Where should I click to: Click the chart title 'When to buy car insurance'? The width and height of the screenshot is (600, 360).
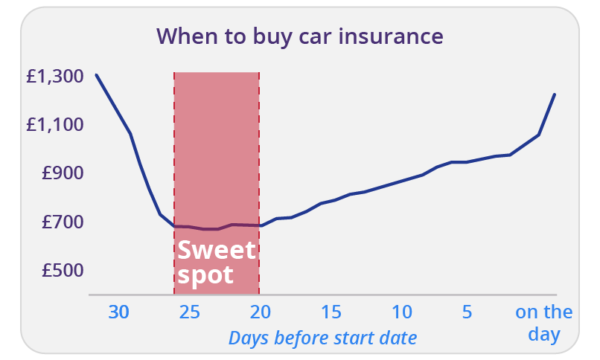pyautogui.click(x=299, y=36)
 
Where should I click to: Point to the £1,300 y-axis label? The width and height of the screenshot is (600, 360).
pyautogui.click(x=55, y=76)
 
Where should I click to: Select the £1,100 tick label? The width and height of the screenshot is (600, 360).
pyautogui.click(x=55, y=124)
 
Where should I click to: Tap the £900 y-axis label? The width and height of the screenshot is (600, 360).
pyautogui.click(x=63, y=173)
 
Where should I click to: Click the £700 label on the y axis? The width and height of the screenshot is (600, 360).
pyautogui.click(x=63, y=222)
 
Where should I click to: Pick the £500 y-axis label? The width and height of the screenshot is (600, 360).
pyautogui.click(x=63, y=270)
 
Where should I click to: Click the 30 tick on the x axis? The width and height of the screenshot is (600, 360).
pyautogui.click(x=118, y=312)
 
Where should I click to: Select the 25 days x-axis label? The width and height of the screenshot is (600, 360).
pyautogui.click(x=189, y=312)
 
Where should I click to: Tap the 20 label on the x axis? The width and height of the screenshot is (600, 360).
pyautogui.click(x=261, y=312)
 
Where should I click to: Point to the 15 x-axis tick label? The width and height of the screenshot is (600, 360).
pyautogui.click(x=331, y=312)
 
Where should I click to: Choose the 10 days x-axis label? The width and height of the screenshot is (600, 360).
pyautogui.click(x=402, y=312)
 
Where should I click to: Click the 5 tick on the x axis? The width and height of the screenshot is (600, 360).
pyautogui.click(x=467, y=312)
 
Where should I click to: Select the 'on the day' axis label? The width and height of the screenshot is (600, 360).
pyautogui.click(x=543, y=324)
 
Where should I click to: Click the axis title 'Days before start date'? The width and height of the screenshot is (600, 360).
pyautogui.click(x=322, y=338)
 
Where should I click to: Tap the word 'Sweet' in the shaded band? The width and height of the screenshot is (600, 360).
pyautogui.click(x=217, y=251)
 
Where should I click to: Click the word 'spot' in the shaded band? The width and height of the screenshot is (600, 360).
pyautogui.click(x=205, y=275)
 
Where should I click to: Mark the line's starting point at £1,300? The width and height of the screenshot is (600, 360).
pyautogui.click(x=96, y=75)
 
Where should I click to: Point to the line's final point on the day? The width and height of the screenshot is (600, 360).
pyautogui.click(x=555, y=94)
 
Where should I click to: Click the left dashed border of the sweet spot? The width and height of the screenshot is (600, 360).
pyautogui.click(x=174, y=183)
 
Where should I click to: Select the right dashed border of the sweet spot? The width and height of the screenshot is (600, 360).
pyautogui.click(x=259, y=183)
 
